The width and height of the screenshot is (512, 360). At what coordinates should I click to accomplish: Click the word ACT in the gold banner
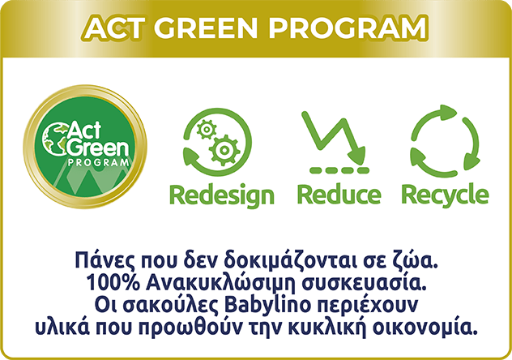115,28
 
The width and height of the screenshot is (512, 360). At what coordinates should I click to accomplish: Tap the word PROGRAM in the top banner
348,28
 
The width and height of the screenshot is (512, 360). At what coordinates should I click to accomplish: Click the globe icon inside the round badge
54,138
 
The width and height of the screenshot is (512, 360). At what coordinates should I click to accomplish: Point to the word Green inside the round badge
98,148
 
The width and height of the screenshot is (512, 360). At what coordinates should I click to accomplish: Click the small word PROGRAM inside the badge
98,162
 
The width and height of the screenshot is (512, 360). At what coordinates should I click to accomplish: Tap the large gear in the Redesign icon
224,150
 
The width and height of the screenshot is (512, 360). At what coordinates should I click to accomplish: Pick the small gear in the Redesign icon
207,130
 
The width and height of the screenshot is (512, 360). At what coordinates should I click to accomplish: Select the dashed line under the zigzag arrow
339,170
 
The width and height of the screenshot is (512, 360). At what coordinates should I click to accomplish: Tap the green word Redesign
222,195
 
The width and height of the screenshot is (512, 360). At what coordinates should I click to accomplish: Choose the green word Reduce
339,194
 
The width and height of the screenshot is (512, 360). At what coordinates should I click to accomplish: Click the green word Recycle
445,195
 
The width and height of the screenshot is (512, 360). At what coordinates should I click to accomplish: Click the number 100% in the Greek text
113,283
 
